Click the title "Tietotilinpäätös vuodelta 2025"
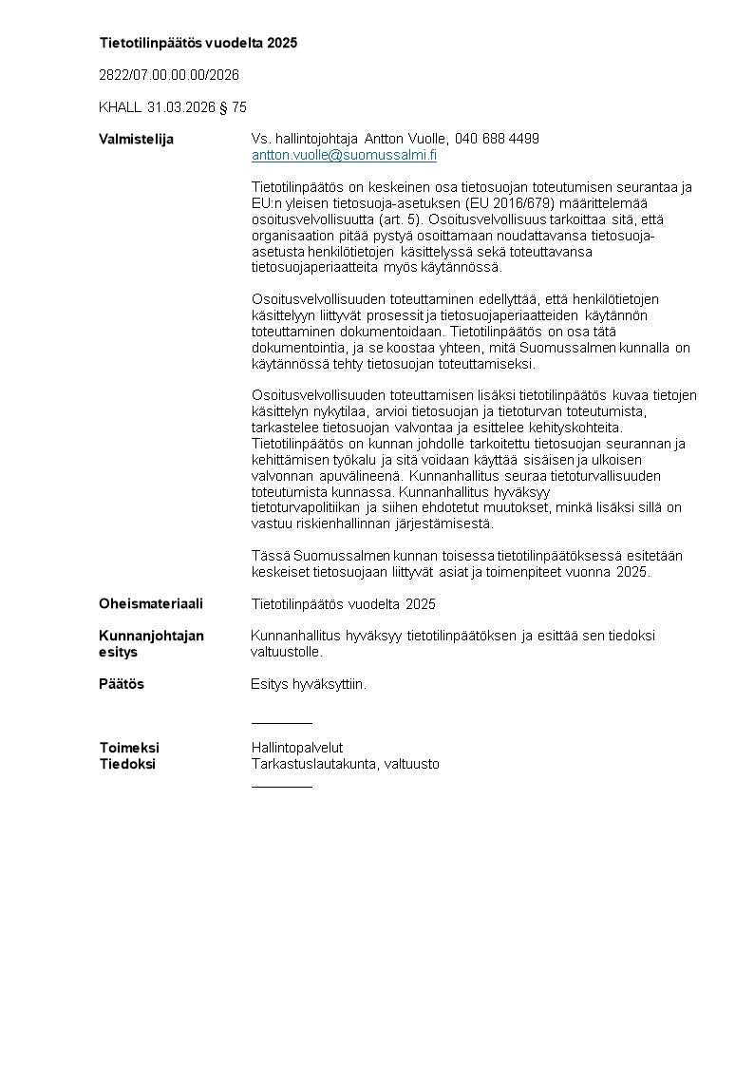[x=198, y=43]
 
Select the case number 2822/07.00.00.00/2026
[x=169, y=75]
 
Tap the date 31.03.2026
[x=181, y=107]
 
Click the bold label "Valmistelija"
[x=137, y=140]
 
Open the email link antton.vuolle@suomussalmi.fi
[x=344, y=155]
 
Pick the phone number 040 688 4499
[x=497, y=139]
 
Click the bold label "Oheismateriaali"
[x=151, y=604]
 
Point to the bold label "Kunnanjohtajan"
[x=152, y=636]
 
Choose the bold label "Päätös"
[x=122, y=684]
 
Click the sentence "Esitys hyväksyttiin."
[x=309, y=684]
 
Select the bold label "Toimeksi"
[x=129, y=748]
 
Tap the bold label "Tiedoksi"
[x=127, y=764]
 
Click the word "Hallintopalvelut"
[x=297, y=748]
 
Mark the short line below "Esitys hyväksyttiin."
[x=281, y=724]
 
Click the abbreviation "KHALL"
[x=120, y=107]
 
